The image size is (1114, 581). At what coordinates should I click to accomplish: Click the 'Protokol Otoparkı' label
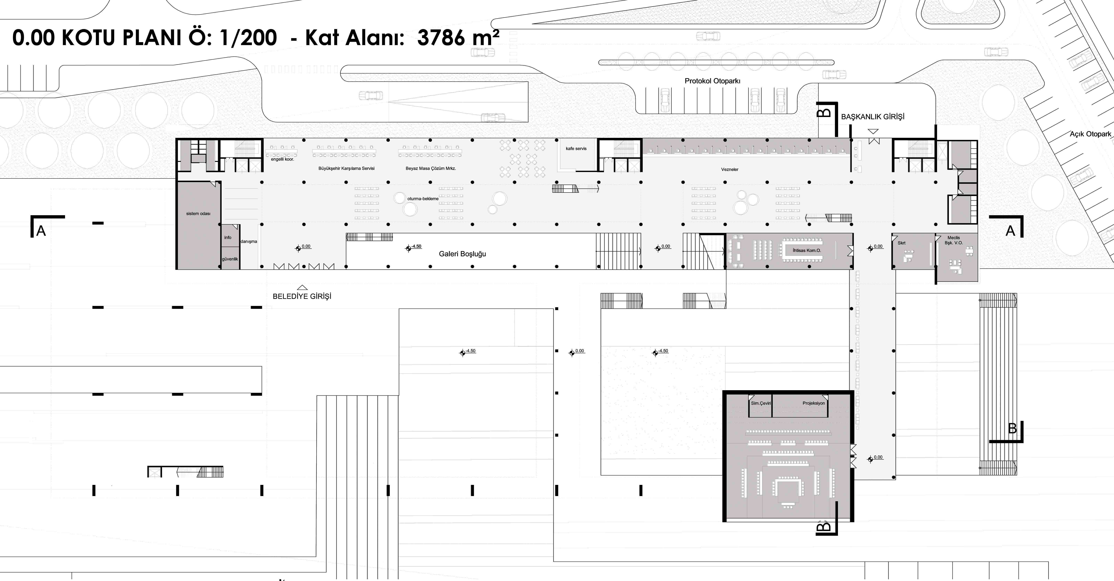click(712, 81)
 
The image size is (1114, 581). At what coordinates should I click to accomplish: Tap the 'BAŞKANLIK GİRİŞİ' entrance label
click(873, 116)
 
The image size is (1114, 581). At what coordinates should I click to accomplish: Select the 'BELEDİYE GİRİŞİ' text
click(302, 296)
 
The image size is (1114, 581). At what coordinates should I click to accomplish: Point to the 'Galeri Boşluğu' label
click(462, 254)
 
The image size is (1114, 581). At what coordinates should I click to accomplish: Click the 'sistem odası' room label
click(198, 213)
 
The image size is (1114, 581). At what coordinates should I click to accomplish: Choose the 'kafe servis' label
click(576, 149)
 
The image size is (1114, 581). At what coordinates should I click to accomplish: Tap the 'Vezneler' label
click(730, 169)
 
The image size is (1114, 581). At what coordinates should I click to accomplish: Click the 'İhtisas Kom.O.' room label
click(806, 250)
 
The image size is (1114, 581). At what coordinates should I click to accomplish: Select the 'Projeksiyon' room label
click(813, 403)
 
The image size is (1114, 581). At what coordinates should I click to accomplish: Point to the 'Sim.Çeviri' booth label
click(761, 403)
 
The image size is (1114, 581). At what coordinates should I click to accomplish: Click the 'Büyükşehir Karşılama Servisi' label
click(346, 168)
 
